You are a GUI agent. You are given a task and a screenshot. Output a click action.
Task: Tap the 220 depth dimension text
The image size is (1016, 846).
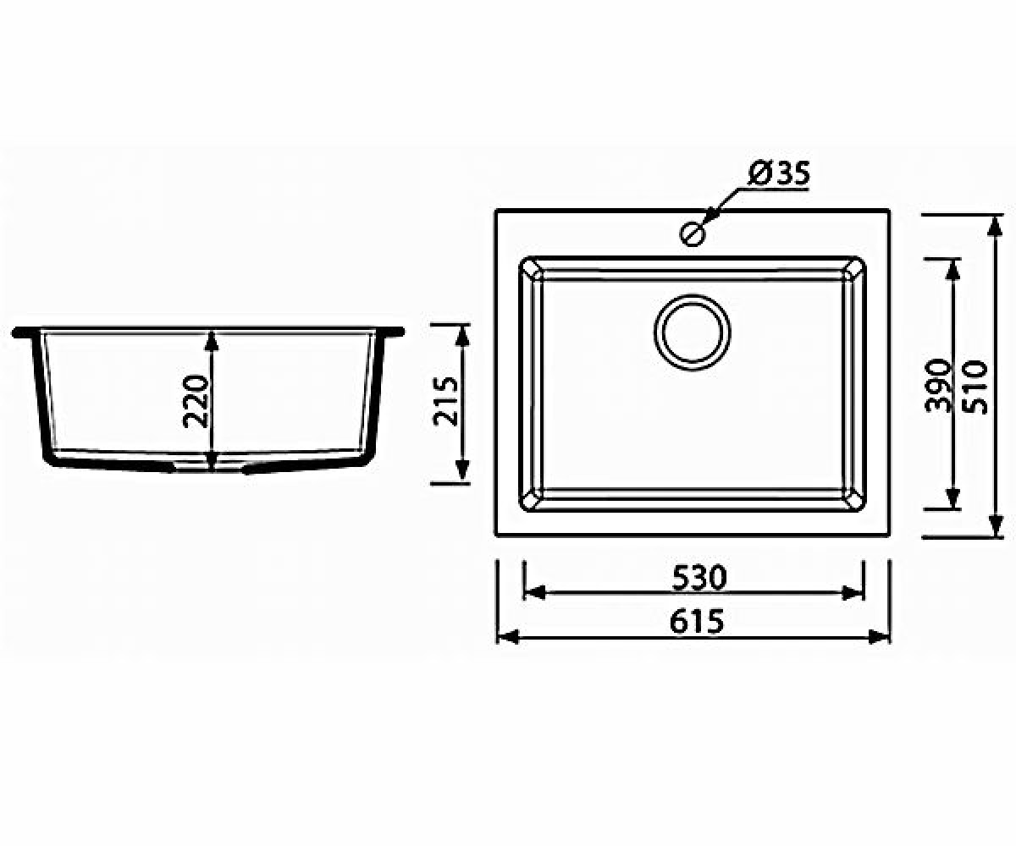tap(196, 401)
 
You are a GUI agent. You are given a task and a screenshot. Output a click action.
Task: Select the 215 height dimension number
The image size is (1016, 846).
tap(445, 402)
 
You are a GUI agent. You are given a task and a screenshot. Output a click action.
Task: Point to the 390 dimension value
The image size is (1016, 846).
tap(937, 385)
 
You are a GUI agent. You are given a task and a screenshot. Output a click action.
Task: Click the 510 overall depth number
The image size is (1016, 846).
tap(975, 387)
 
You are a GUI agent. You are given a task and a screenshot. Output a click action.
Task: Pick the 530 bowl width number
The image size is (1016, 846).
tap(699, 578)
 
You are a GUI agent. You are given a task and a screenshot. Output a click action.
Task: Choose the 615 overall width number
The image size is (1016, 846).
tap(697, 621)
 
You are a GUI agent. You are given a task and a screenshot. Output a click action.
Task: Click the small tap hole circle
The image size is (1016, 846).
tap(693, 233)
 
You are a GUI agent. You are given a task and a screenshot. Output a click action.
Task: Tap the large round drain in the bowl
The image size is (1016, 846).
tap(692, 332)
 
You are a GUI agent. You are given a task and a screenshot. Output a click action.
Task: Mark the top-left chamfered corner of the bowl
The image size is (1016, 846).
tap(532, 269)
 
